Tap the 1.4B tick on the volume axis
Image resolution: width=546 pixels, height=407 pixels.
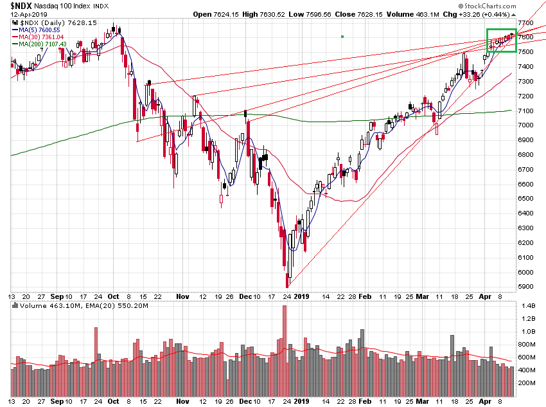pos(529,306)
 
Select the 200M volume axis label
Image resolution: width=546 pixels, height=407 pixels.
pos(529,383)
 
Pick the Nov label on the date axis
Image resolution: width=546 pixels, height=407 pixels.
pos(182,296)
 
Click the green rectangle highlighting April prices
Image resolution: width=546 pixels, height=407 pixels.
pos(501,41)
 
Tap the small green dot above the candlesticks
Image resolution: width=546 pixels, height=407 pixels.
pos(342,37)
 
